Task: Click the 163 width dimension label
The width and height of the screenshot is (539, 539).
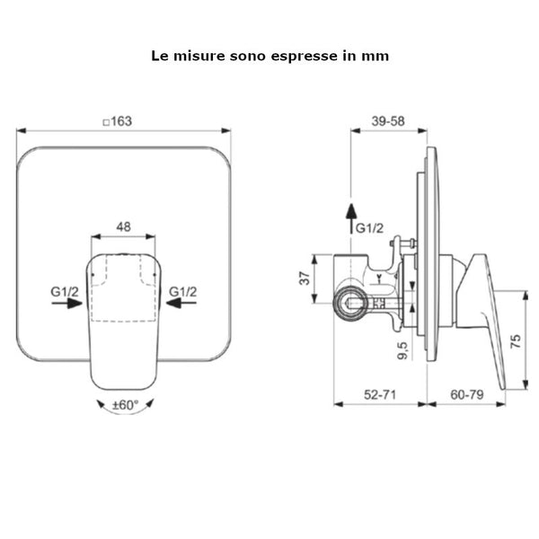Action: [x=121, y=121]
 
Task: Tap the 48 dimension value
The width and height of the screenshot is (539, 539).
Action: [x=123, y=227]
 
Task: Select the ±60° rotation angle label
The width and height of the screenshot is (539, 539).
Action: [x=126, y=405]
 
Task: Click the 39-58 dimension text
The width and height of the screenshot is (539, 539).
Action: [x=388, y=121]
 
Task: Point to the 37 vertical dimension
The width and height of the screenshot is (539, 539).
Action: [x=305, y=278]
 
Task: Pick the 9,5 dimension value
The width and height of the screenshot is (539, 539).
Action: [x=402, y=350]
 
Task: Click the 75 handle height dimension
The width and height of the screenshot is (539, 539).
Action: [x=516, y=341]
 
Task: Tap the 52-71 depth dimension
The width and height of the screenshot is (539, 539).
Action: [x=380, y=394]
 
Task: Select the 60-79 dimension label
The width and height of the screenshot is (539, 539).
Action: [x=467, y=394]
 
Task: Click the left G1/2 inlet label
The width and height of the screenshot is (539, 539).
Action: [x=65, y=292]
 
